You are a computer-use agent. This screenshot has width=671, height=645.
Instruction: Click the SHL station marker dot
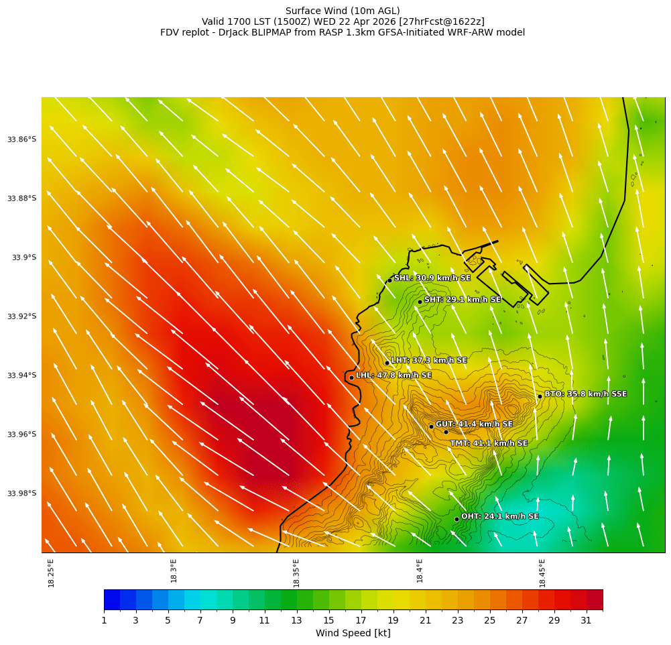pos(389,280)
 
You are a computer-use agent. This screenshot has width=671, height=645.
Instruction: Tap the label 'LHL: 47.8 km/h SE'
pos(393,375)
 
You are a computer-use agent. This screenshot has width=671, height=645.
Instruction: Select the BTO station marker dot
pos(540,396)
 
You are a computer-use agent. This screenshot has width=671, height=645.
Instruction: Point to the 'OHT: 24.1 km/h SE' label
pos(499,517)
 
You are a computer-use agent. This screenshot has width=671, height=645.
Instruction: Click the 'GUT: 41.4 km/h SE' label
pos(474,424)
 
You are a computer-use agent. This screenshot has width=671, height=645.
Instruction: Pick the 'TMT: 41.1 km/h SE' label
pos(489,443)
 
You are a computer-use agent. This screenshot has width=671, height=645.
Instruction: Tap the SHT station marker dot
pos(420,302)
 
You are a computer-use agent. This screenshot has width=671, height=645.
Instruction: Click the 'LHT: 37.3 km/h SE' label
pos(429,361)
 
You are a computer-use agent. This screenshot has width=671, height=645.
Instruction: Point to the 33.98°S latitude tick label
pos(21,493)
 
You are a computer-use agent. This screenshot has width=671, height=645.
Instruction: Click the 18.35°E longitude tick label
pos(296,573)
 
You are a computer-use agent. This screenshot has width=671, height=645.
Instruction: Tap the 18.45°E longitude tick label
pos(542,573)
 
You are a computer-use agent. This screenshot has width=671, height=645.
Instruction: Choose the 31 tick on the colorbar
pos(587,621)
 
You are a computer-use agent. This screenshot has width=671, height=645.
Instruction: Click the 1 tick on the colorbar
pos(104,621)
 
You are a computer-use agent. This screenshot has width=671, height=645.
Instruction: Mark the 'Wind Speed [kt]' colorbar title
pos(353,634)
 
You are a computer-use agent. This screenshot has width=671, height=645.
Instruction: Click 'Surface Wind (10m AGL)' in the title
pos(343,11)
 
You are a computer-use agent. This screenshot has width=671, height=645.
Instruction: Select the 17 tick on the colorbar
pos(361,621)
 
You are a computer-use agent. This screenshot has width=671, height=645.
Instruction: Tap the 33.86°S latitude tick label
pos(21,139)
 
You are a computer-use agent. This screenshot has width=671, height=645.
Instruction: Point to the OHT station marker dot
pos(456,519)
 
